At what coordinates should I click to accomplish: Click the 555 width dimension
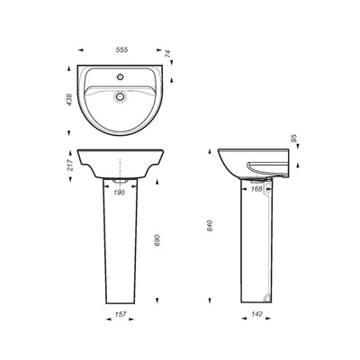pyautogui.click(x=121, y=49)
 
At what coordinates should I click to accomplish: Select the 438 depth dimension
pyautogui.click(x=69, y=100)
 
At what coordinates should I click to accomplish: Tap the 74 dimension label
pyautogui.click(x=167, y=54)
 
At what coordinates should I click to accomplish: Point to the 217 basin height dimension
pyautogui.click(x=69, y=165)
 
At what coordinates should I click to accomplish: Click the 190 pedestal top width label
pyautogui.click(x=120, y=193)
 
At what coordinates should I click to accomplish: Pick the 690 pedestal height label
pyautogui.click(x=158, y=240)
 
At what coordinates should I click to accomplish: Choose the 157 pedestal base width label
pyautogui.click(x=121, y=314)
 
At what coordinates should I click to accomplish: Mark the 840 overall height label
pyautogui.click(x=210, y=226)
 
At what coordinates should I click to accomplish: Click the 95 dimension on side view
pyautogui.click(x=294, y=138)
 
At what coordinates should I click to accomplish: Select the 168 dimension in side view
pyautogui.click(x=256, y=189)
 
